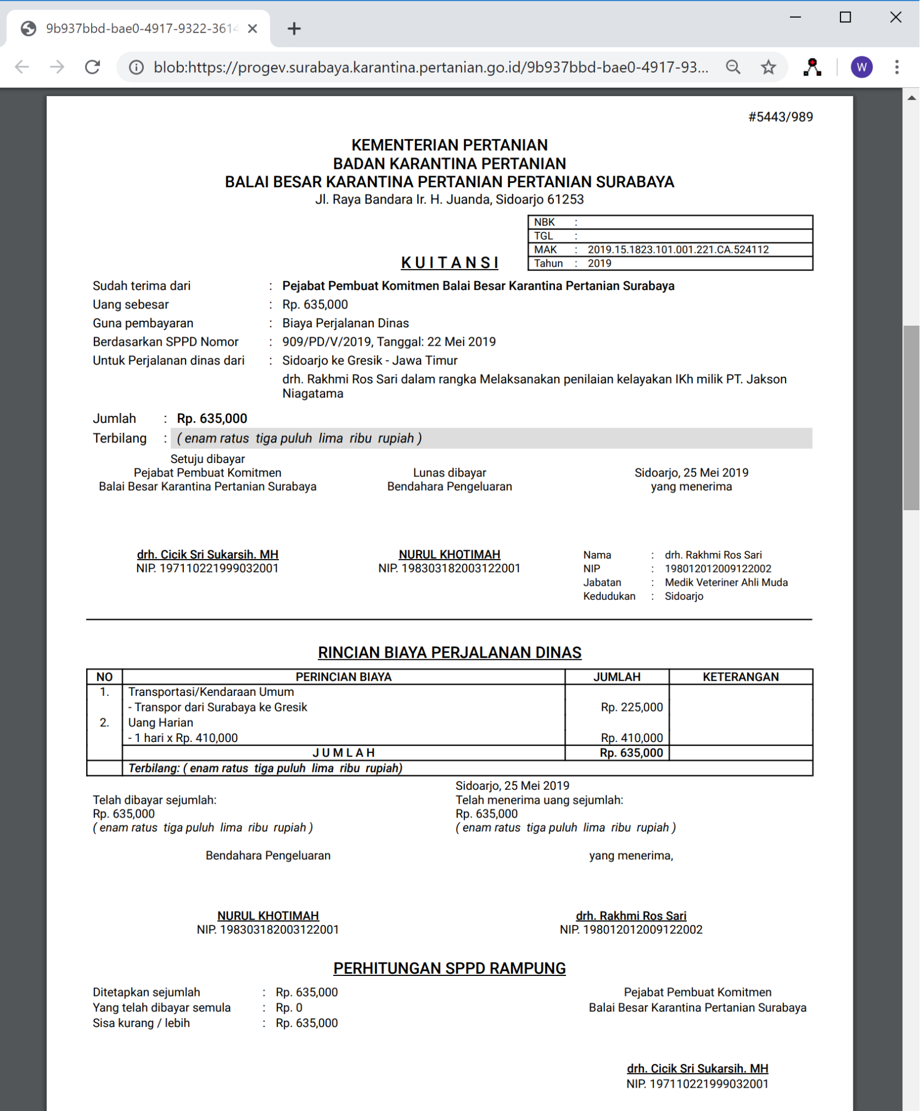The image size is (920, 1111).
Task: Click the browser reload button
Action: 93,67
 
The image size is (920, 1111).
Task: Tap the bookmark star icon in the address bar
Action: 768,67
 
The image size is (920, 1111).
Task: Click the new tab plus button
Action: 294,28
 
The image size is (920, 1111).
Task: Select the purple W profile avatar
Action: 861,67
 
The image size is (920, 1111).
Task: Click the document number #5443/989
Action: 780,117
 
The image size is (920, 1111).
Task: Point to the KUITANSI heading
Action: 449,262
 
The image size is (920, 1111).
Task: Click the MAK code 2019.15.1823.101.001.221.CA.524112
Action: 678,250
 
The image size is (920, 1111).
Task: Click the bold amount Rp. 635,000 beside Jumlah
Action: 212,419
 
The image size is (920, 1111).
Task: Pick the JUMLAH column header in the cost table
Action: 617,676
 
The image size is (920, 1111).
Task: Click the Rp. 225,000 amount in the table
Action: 632,707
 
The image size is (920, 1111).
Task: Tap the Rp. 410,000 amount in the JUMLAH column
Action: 632,738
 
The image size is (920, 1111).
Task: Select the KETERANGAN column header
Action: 741,676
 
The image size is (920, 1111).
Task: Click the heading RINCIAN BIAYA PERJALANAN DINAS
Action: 449,652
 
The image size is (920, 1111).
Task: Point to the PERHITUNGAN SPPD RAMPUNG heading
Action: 449,968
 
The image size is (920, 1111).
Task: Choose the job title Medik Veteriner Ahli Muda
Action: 726,582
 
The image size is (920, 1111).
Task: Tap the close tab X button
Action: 252,28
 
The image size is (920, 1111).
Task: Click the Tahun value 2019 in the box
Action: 599,263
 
